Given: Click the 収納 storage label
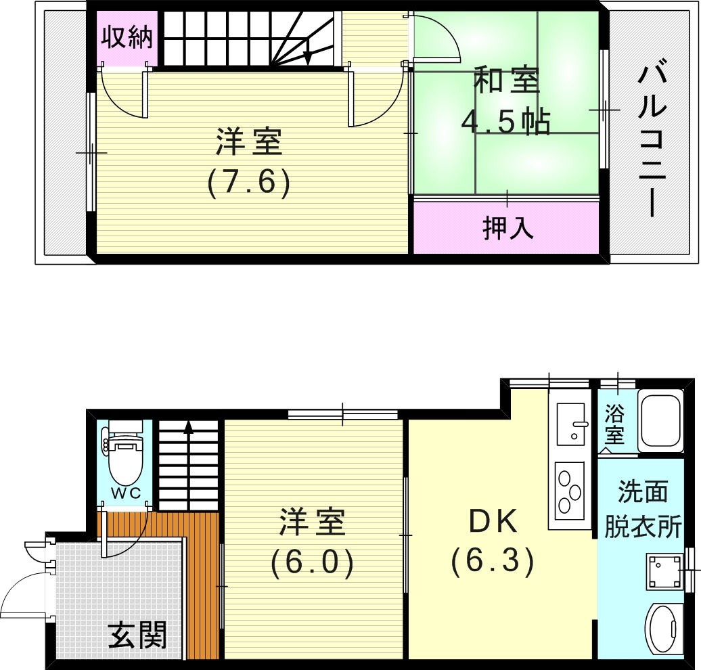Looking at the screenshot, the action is tap(127, 38).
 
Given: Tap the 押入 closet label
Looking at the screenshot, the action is tap(508, 228).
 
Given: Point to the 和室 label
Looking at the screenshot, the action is tap(507, 80).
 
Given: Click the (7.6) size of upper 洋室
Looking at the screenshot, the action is tap(249, 182).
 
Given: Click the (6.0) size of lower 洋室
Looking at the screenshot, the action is tap(313, 562).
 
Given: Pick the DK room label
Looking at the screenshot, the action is tap(493, 521).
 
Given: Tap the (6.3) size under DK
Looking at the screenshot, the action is tap(493, 562).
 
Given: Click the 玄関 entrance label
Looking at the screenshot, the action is tap(137, 635).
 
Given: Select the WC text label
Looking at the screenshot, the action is tap(126, 493).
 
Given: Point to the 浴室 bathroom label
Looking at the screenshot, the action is tap(614, 424).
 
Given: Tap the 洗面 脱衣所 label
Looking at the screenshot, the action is tap(643, 510).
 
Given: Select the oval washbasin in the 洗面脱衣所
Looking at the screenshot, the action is tap(664, 629).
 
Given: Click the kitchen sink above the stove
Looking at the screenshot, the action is tap(570, 424).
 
